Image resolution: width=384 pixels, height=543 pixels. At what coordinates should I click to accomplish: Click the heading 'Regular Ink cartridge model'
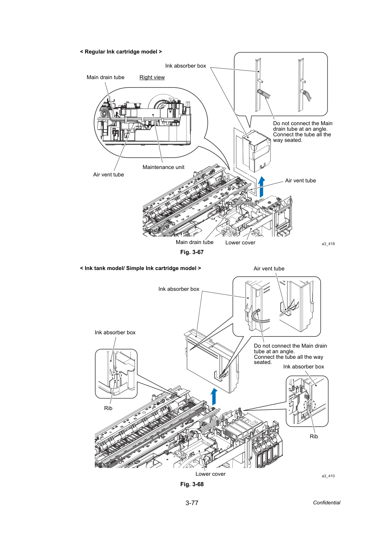(121, 52)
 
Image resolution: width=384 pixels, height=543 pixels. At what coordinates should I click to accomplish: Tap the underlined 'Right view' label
(152, 77)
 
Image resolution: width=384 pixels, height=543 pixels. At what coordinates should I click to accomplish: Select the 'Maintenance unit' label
(163, 167)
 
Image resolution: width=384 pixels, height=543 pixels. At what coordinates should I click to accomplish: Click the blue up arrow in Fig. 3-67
(261, 187)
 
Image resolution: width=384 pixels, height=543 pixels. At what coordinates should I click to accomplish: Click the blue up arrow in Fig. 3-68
(214, 397)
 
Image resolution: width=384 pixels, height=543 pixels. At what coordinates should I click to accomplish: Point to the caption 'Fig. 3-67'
(192, 252)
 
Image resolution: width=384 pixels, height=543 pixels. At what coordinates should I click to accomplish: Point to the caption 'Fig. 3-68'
(192, 484)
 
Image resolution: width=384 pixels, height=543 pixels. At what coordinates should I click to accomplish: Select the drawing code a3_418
(328, 244)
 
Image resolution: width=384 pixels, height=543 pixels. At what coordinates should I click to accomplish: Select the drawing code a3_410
(328, 476)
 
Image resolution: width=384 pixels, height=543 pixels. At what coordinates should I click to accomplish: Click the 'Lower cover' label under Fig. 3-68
(210, 474)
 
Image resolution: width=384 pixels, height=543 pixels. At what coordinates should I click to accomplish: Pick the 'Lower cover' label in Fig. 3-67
(240, 243)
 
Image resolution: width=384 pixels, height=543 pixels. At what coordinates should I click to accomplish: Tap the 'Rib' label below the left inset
(108, 408)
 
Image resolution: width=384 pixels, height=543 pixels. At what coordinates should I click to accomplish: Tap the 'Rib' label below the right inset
(314, 436)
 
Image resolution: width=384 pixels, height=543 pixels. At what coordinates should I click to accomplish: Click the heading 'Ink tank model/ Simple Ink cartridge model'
(141, 269)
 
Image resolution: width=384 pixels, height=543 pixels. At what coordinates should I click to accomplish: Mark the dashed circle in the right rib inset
(310, 405)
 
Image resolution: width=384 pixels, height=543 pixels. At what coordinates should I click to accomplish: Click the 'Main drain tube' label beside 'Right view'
(106, 77)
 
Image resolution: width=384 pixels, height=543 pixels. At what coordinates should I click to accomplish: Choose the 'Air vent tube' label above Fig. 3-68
(269, 269)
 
